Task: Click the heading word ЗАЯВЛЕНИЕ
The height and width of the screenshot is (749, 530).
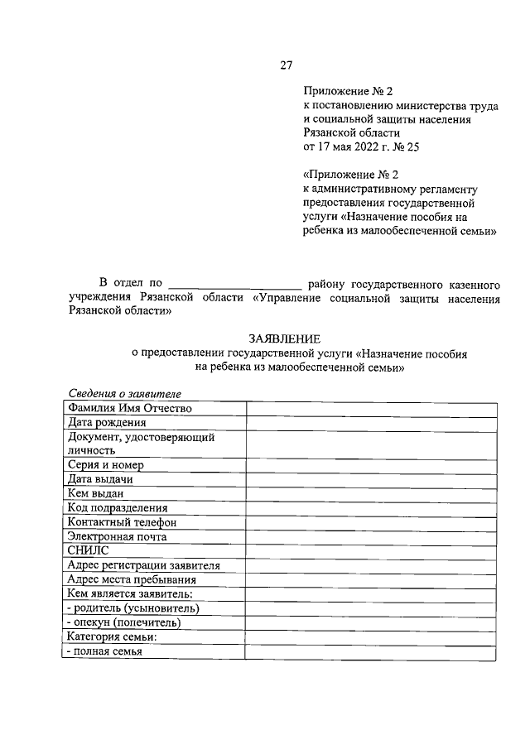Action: [284, 339]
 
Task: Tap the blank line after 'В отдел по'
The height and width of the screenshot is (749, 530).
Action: [234, 284]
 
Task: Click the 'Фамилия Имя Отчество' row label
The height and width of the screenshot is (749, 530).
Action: [130, 408]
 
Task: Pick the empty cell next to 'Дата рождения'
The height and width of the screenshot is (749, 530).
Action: [371, 423]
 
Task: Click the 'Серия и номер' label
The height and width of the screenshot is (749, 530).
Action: [108, 465]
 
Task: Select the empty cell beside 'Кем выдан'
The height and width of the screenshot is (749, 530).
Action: [371, 494]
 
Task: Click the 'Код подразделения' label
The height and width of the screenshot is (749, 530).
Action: [118, 508]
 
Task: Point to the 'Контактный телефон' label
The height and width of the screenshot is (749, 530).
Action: [123, 522]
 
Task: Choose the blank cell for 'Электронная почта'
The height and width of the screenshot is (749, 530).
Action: [371, 536]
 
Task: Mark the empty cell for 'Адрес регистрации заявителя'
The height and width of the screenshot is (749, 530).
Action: [371, 565]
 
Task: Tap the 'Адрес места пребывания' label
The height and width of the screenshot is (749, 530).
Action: [132, 579]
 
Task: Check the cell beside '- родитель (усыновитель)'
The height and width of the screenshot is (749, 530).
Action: [371, 608]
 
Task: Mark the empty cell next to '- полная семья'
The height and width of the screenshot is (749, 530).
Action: [371, 651]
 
